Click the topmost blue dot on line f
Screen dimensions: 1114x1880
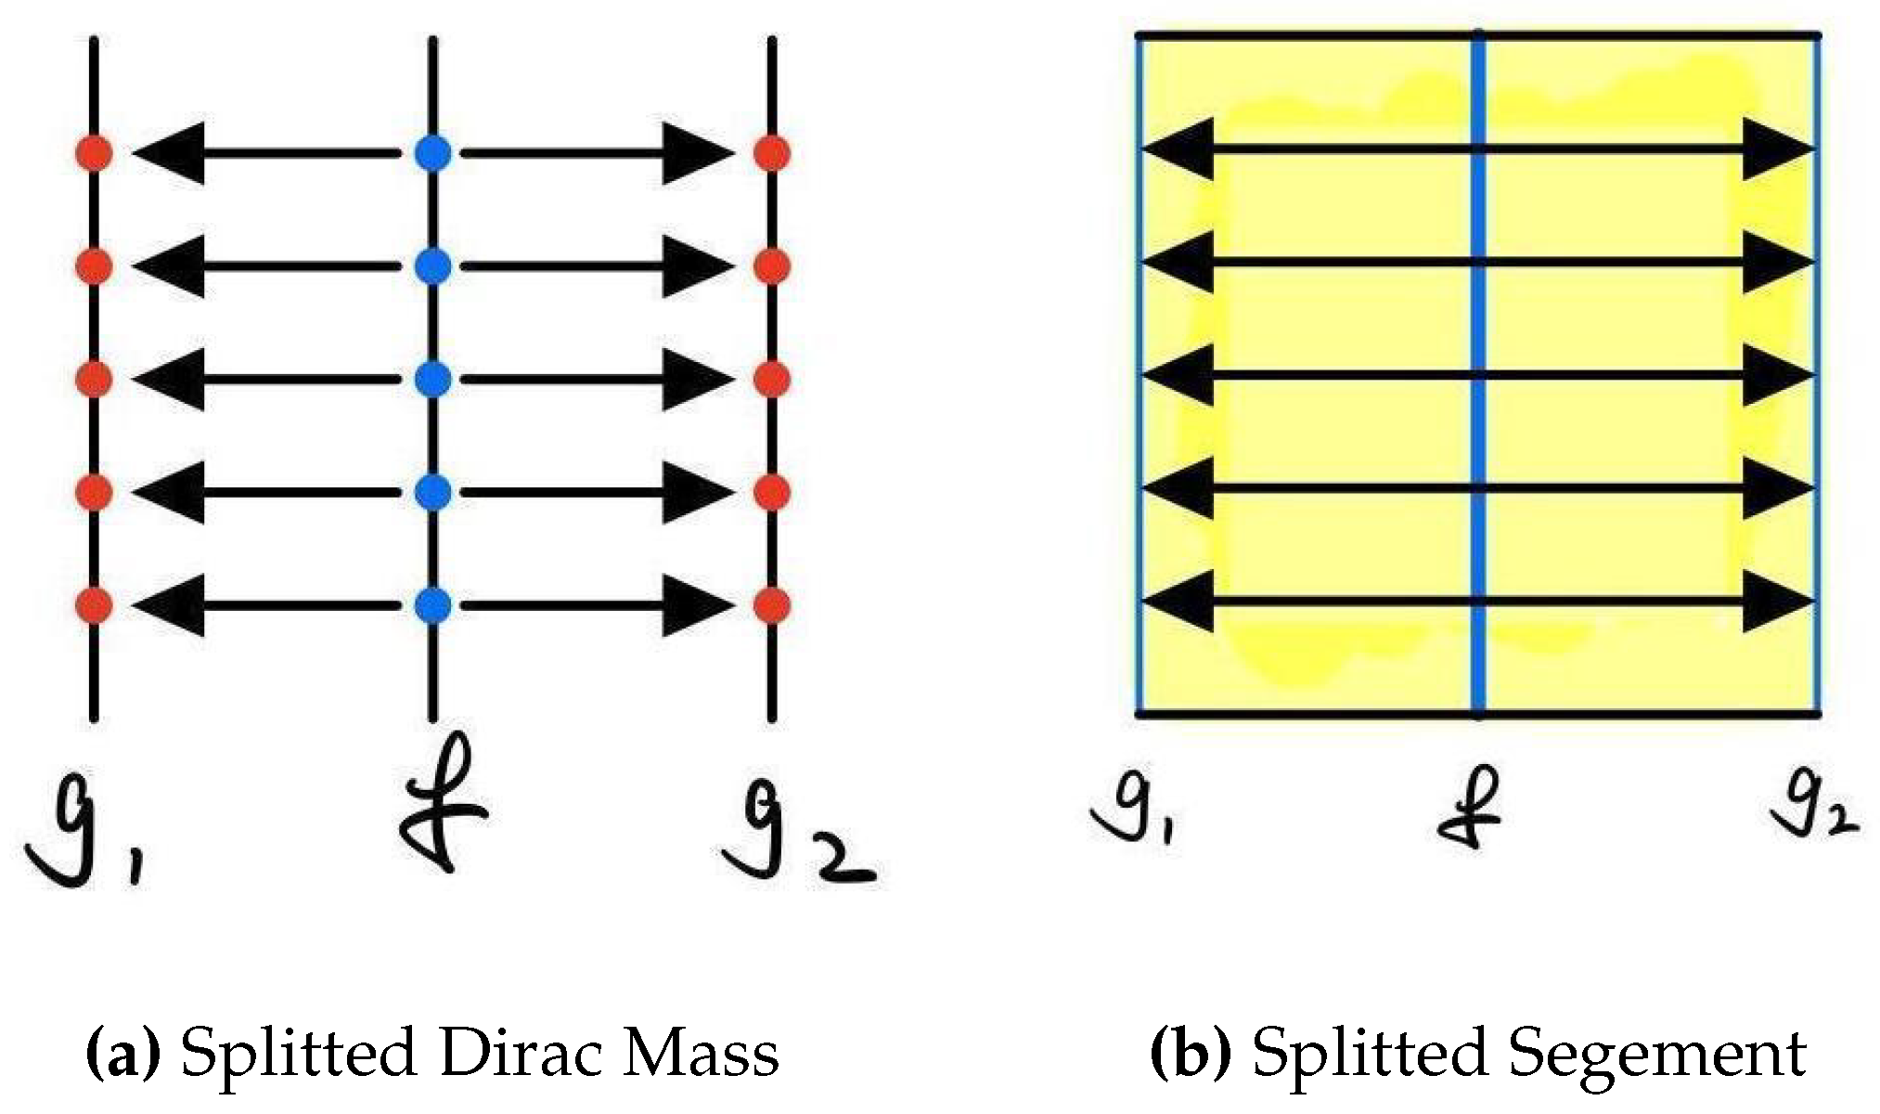(x=432, y=153)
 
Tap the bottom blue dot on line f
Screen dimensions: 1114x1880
(x=432, y=605)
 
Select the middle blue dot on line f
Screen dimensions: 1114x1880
(x=432, y=379)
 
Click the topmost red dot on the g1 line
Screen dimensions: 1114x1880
(x=94, y=153)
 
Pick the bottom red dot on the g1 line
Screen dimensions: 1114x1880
(x=94, y=605)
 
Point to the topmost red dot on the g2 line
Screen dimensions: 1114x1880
(x=772, y=153)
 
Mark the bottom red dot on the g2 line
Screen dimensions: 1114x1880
(x=772, y=605)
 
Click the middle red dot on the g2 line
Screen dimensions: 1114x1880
(x=772, y=379)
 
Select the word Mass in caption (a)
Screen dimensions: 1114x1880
(x=701, y=1053)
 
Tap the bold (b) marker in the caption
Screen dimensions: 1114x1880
(x=1191, y=1054)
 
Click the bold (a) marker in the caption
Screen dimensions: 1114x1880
(x=123, y=1054)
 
